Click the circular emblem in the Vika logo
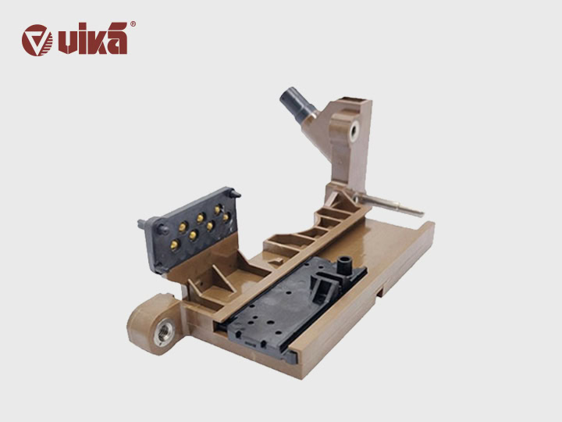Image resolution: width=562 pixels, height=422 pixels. point(37,40)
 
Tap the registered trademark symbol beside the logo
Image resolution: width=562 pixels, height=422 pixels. point(133,24)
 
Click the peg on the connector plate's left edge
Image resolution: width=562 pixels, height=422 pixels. point(142,224)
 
